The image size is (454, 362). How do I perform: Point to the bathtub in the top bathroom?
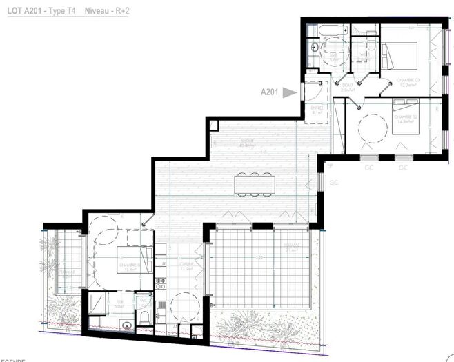[325, 32]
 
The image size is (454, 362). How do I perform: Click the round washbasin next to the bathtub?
[313, 48]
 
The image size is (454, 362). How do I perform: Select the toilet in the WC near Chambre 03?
[370, 46]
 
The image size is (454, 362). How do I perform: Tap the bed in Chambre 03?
[400, 53]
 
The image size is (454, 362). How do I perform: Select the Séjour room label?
[247, 143]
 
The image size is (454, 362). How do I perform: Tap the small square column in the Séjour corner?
[213, 125]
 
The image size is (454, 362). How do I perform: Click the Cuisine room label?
[186, 268]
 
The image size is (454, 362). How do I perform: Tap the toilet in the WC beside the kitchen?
[144, 315]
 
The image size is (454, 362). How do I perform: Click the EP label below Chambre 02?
[330, 166]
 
